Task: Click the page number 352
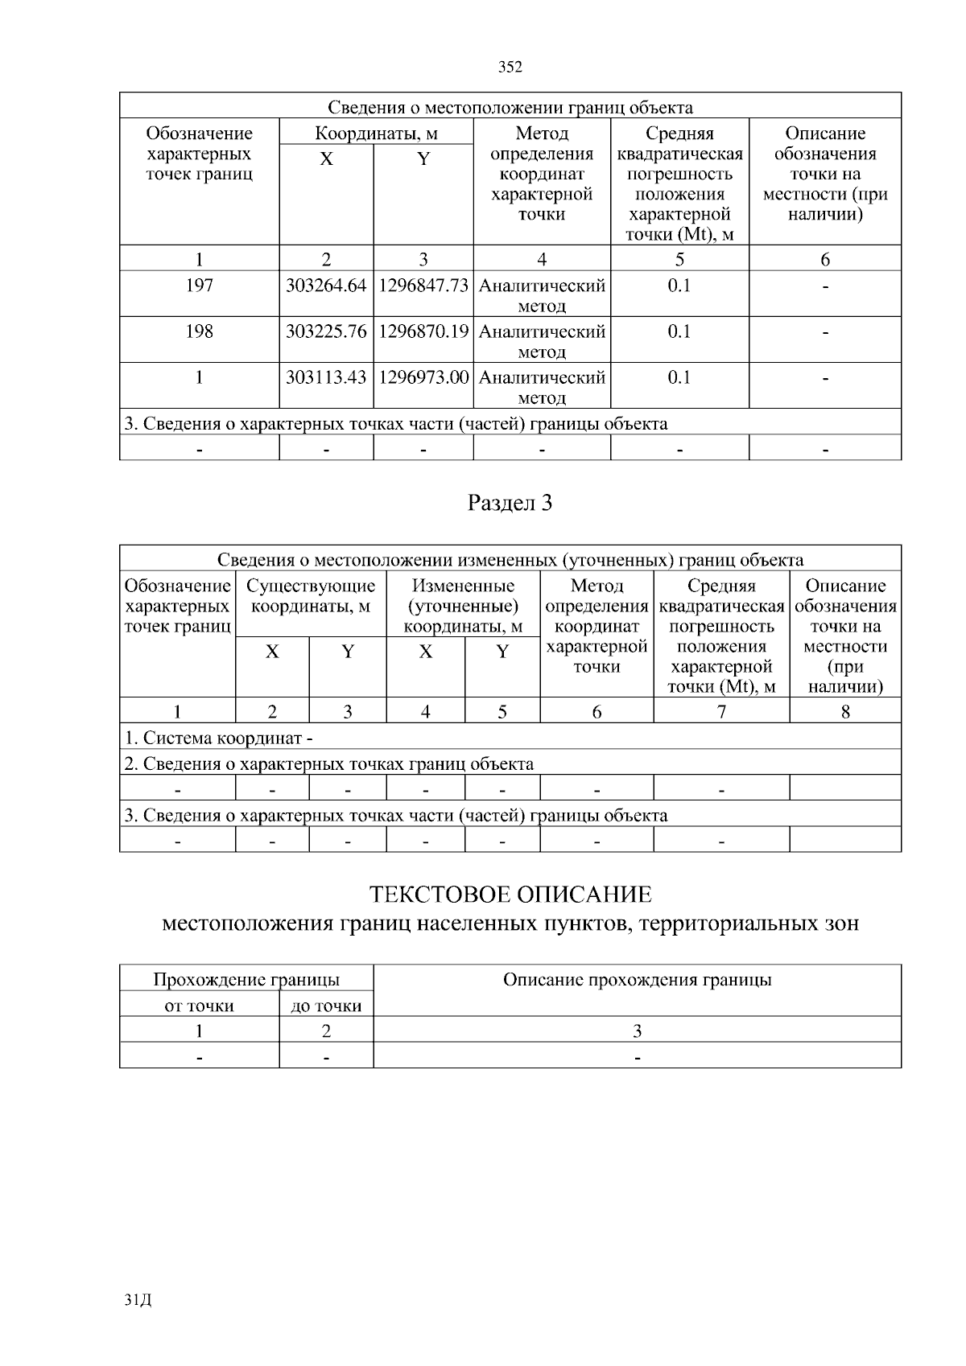(510, 68)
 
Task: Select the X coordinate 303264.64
(326, 286)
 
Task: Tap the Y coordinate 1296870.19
(423, 332)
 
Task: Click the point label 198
(199, 332)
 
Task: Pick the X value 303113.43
(326, 378)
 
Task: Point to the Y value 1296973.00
(423, 378)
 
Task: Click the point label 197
(199, 286)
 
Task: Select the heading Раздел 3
(510, 504)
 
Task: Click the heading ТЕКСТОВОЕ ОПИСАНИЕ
(510, 895)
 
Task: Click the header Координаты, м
(376, 134)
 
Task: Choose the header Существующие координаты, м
(311, 596)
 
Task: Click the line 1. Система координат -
(219, 738)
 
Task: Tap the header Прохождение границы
(246, 980)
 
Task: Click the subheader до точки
(326, 1006)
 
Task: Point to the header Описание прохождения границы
(637, 980)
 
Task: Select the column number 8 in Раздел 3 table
(845, 712)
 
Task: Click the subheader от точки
(199, 1006)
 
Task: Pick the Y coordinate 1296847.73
(423, 286)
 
